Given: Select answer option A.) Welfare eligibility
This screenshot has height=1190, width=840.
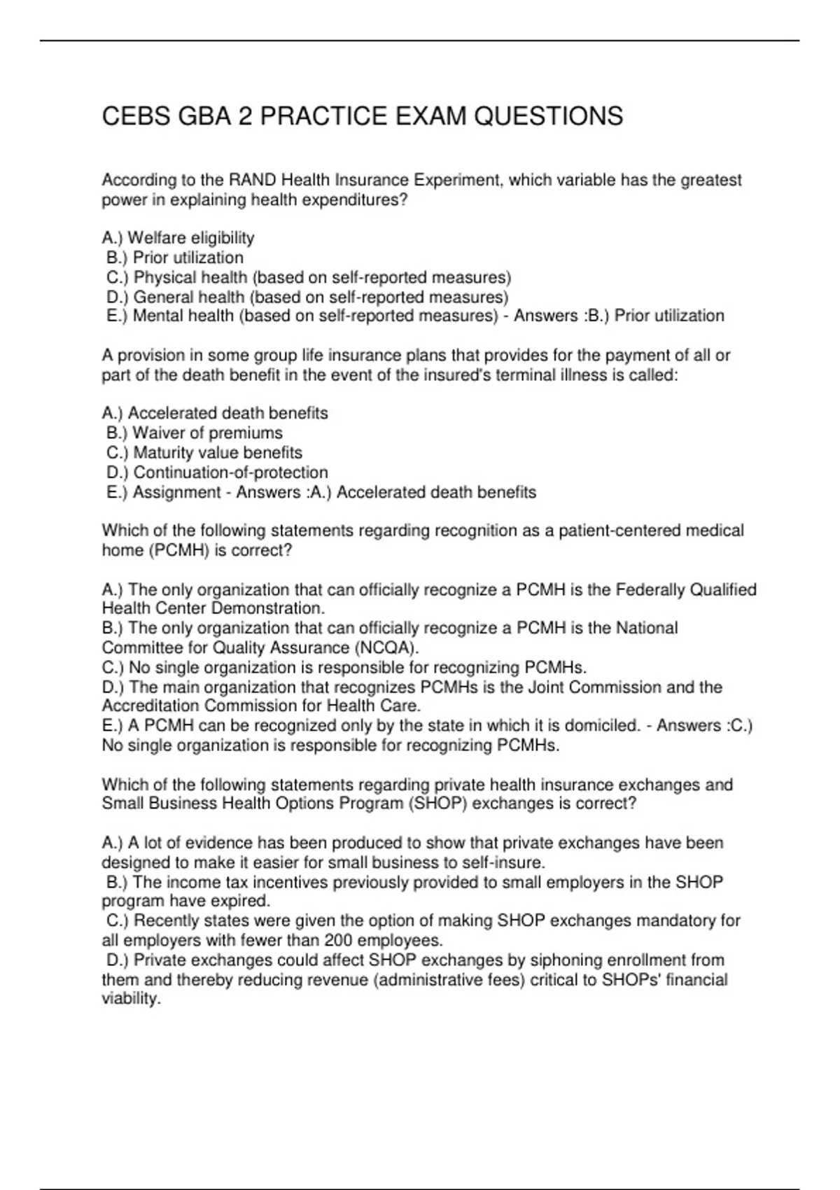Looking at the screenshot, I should click(x=178, y=238).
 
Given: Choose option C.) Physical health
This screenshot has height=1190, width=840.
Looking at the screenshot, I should click(x=309, y=277).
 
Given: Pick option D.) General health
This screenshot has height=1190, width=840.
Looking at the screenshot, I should click(x=307, y=297).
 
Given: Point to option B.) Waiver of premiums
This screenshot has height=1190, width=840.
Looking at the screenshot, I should click(x=195, y=433).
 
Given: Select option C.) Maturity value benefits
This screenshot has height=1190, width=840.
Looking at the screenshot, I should click(x=204, y=452).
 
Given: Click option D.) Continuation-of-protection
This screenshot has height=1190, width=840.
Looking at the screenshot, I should click(x=217, y=472).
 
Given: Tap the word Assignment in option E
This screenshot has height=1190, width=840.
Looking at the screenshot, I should click(x=176, y=492).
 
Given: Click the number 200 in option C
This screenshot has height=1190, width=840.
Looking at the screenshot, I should click(x=337, y=940).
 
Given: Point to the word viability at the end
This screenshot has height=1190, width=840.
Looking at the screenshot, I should click(x=132, y=999).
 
